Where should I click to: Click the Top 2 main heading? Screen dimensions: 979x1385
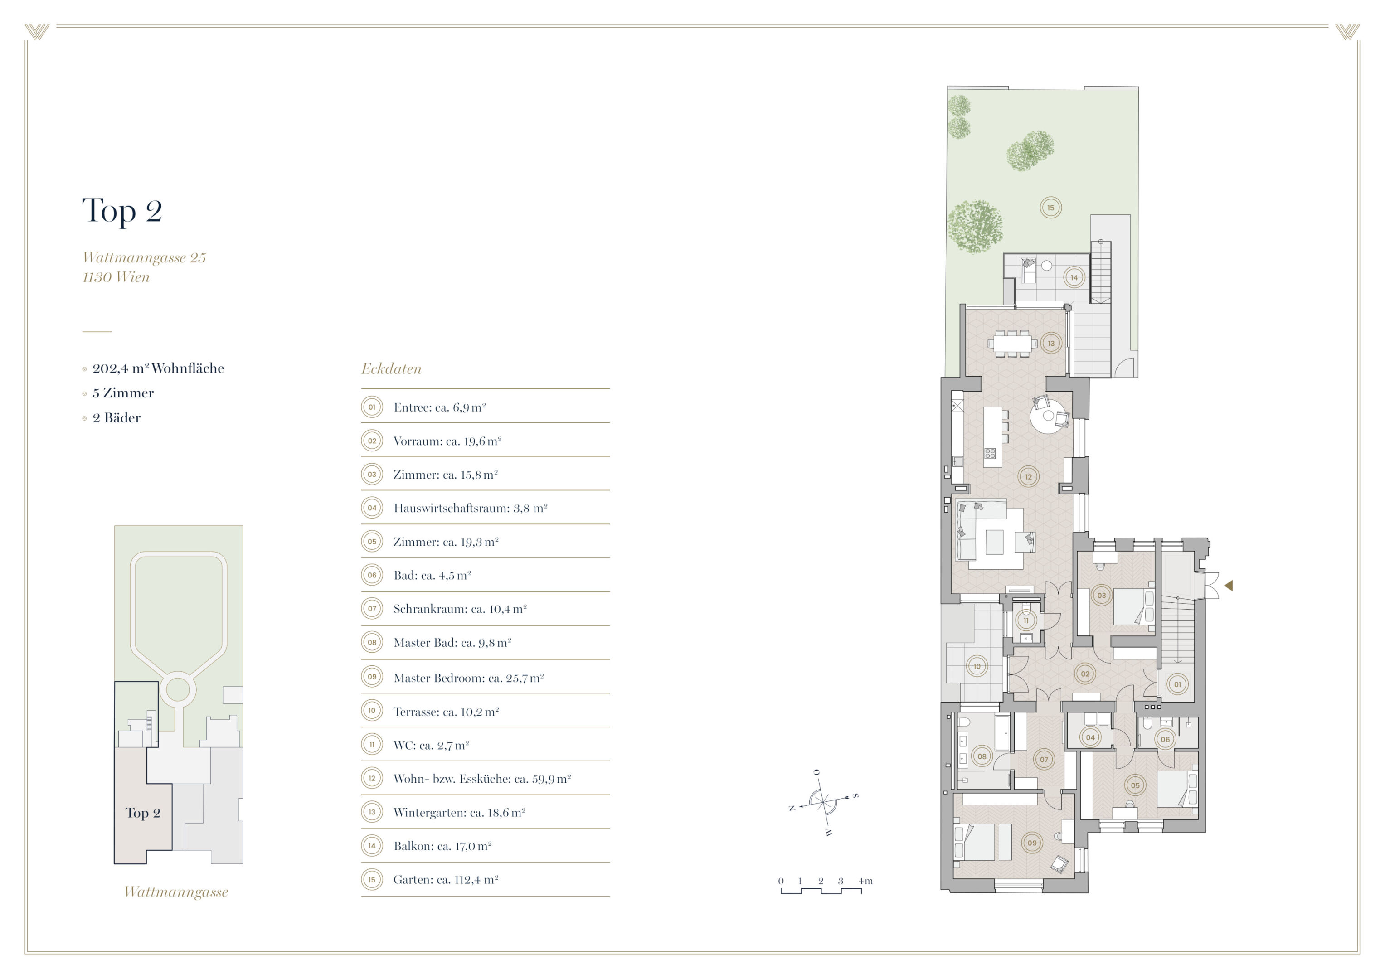pyautogui.click(x=122, y=210)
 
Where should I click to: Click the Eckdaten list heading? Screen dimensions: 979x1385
pyautogui.click(x=391, y=369)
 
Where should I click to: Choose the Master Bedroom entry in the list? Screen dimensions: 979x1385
pyautogui.click(x=468, y=678)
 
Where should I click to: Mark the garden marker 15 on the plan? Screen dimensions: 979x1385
pyautogui.click(x=1051, y=208)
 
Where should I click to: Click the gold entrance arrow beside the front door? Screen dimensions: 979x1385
pyautogui.click(x=1228, y=585)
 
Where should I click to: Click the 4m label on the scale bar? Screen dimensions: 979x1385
pyautogui.click(x=865, y=881)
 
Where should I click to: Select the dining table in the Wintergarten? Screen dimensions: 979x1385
pyautogui.click(x=1012, y=343)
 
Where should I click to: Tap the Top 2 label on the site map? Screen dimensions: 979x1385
pyautogui.click(x=143, y=813)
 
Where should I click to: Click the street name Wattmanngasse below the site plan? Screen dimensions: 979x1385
pyautogui.click(x=176, y=892)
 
